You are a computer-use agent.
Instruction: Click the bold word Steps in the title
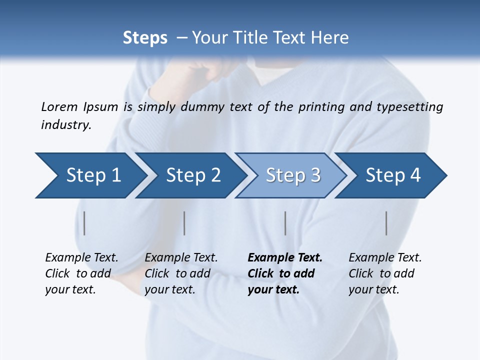[x=145, y=38]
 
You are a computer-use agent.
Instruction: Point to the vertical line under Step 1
[x=84, y=223]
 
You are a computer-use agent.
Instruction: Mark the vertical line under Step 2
[x=184, y=223]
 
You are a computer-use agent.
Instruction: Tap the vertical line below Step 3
[x=285, y=223]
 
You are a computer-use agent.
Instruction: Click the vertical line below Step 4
[x=386, y=223]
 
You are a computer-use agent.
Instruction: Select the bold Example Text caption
[x=284, y=273]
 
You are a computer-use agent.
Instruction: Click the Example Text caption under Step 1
[x=81, y=273]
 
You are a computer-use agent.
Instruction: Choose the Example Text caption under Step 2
[x=181, y=273]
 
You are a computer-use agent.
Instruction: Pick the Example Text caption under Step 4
[x=385, y=273]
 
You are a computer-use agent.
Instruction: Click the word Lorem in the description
[x=59, y=107]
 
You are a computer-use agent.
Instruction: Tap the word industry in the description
[x=65, y=125]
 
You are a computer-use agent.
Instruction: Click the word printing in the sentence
[x=321, y=107]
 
